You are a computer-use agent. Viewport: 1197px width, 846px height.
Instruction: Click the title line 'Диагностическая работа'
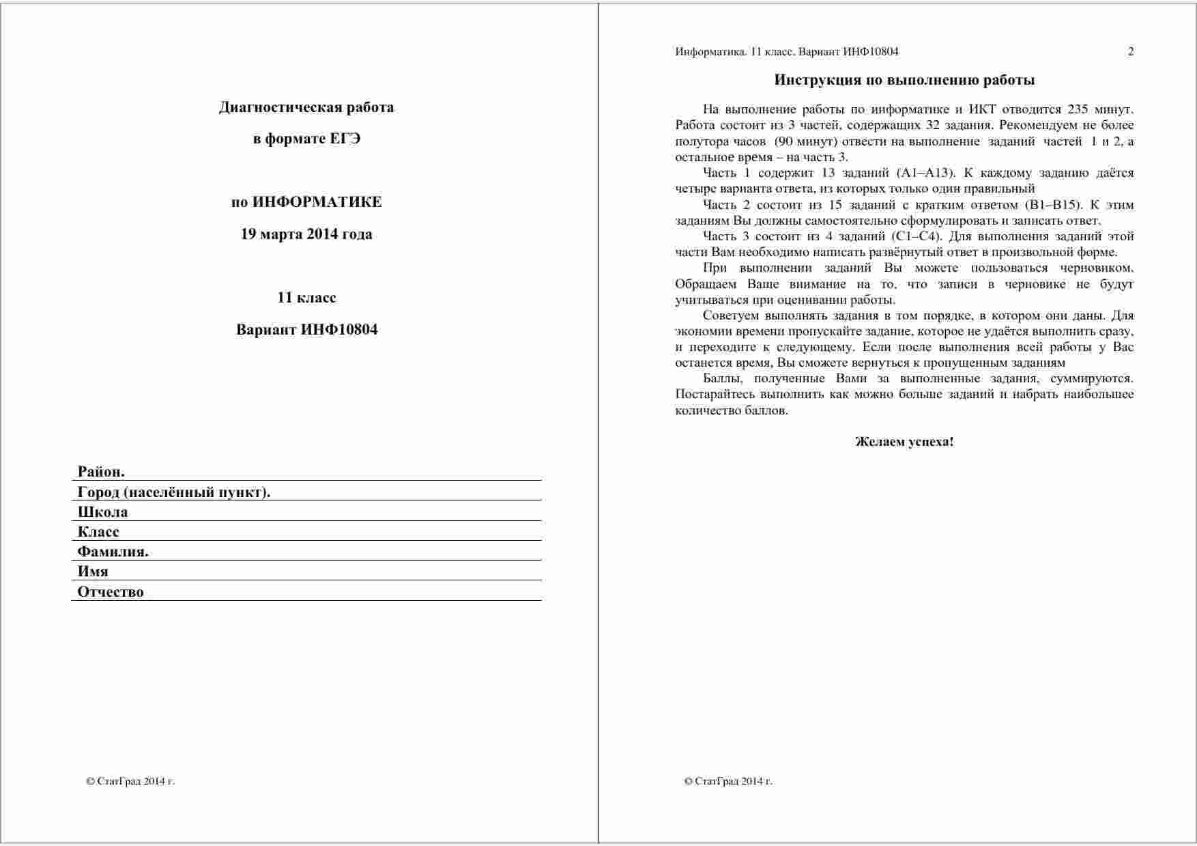(306, 107)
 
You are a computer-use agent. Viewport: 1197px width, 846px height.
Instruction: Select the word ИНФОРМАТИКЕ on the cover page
(317, 202)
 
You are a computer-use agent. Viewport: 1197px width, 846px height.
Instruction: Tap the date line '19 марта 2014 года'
(306, 234)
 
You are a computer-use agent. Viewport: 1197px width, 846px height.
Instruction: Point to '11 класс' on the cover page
(306, 298)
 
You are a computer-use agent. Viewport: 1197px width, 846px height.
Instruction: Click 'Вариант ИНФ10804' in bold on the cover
(306, 330)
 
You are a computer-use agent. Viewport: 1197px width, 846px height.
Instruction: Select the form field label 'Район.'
(101, 472)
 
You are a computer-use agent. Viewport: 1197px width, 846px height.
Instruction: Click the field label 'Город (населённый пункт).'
(174, 492)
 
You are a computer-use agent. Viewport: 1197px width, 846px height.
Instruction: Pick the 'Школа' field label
(102, 512)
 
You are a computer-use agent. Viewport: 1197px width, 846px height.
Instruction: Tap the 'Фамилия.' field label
(113, 552)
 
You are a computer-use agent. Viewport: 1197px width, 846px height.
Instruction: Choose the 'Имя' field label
(93, 572)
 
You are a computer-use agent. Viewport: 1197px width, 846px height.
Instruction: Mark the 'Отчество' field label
(111, 592)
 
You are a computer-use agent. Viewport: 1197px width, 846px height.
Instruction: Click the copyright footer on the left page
(130, 781)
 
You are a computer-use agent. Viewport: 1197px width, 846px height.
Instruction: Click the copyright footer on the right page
(727, 781)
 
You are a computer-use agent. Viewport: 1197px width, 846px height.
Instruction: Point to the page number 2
(1131, 52)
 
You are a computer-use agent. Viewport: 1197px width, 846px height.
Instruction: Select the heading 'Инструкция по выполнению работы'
(904, 80)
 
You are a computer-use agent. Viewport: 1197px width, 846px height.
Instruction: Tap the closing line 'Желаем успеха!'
(904, 442)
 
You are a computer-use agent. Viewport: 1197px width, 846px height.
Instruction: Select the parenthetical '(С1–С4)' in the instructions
(916, 236)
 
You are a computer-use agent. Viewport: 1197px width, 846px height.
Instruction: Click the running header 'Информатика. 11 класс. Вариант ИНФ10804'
(787, 52)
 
